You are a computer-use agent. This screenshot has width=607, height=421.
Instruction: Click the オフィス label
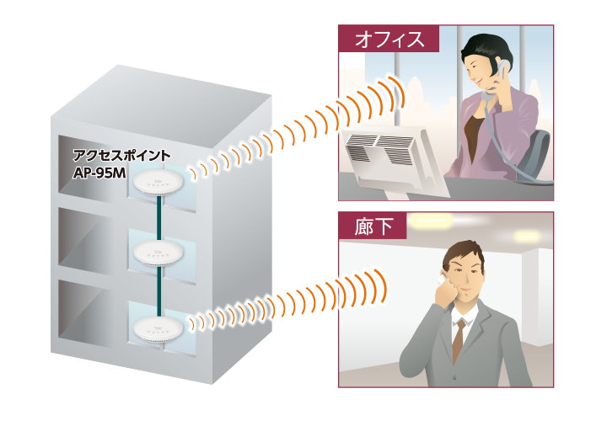[388, 39]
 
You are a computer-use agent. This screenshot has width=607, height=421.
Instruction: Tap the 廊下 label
[372, 226]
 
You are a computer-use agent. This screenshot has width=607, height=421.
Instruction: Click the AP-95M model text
[98, 175]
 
